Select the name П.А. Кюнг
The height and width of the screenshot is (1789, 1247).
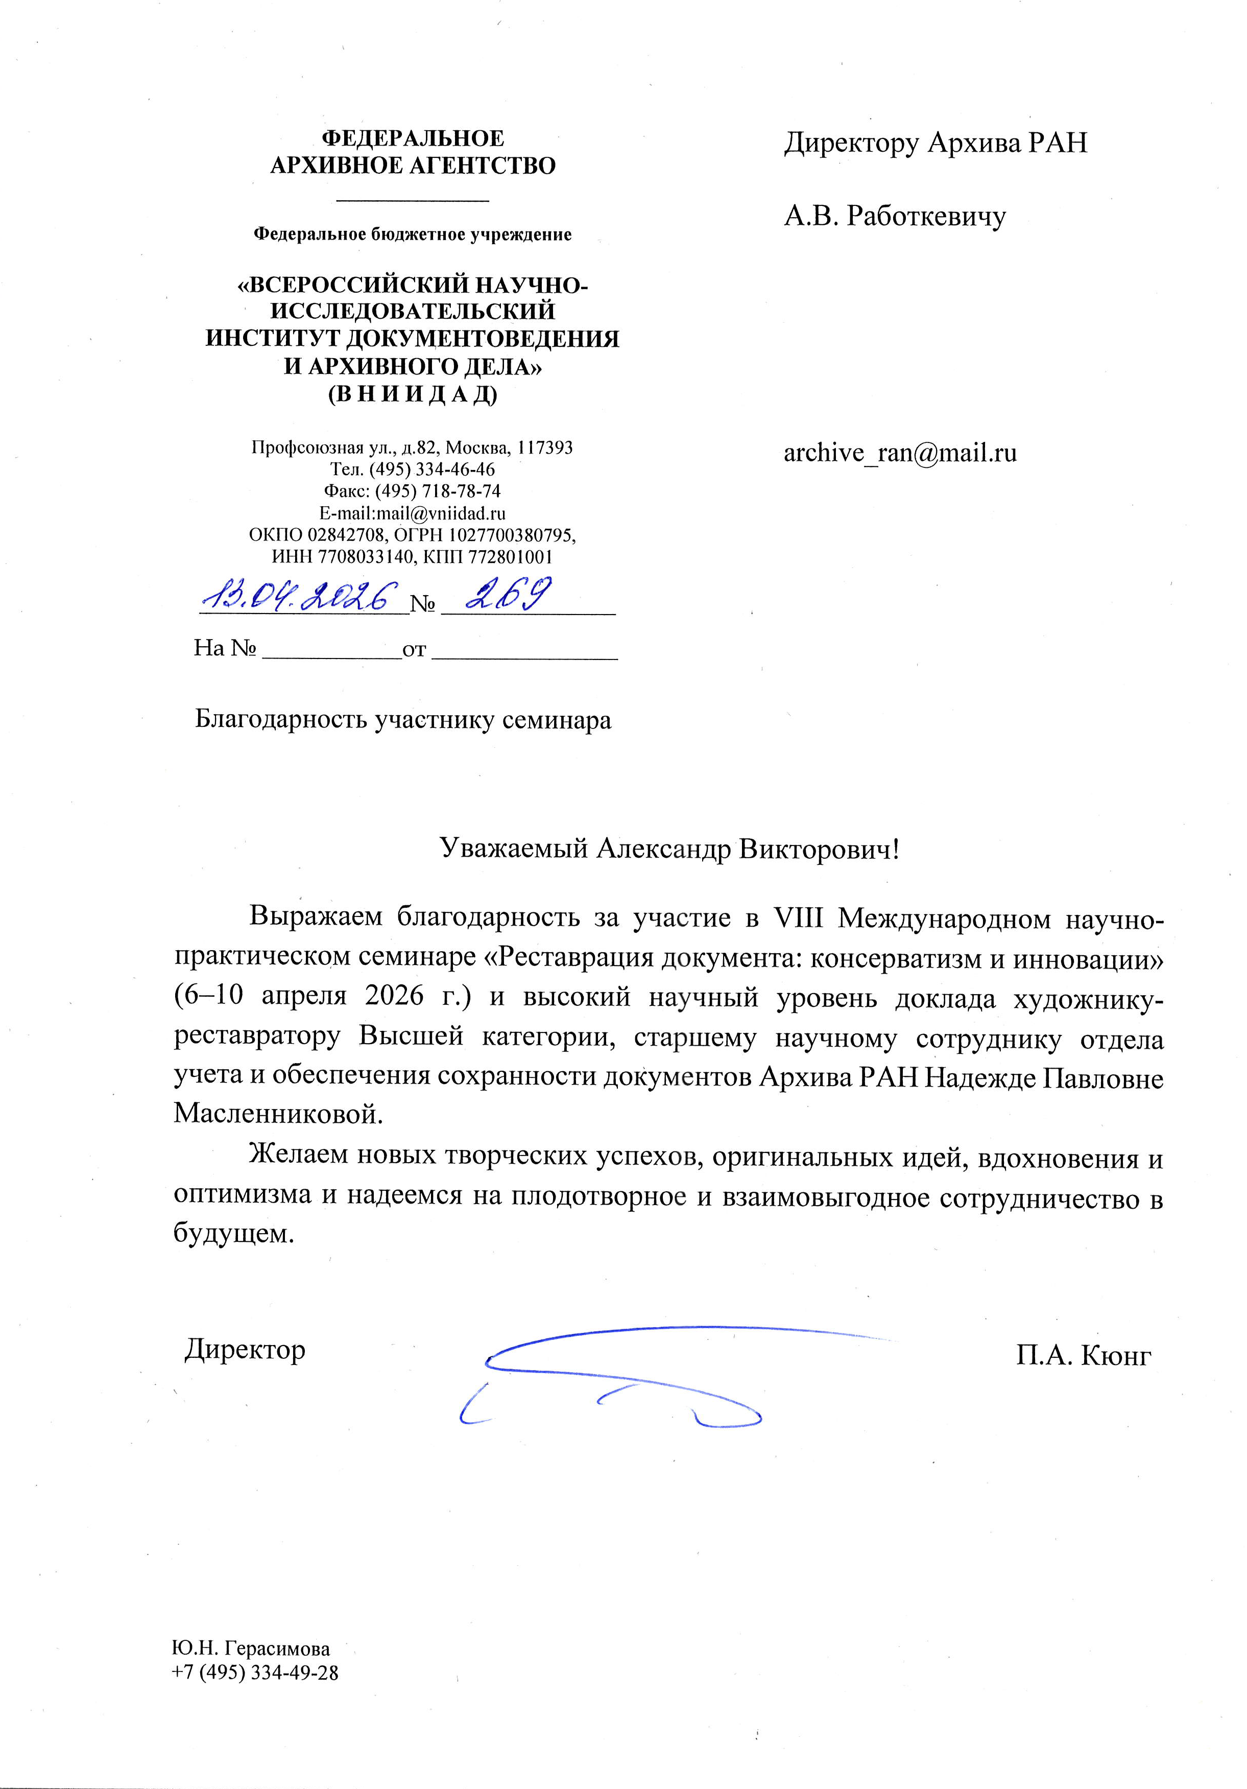[1083, 1356]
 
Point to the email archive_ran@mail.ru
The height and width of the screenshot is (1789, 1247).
[900, 454]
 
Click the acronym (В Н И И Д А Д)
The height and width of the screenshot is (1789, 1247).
[412, 394]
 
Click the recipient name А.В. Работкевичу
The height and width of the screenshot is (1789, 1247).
[894, 216]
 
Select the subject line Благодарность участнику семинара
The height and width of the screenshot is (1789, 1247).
[403, 719]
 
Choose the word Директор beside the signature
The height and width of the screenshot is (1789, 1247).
[245, 1349]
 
